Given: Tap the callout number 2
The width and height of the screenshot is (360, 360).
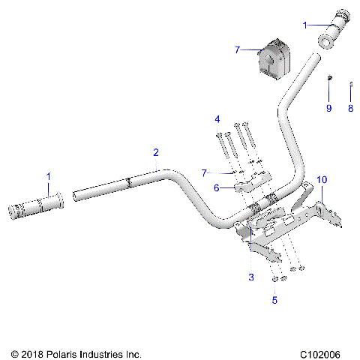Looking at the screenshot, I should (156, 153).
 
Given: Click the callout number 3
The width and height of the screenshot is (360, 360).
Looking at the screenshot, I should (251, 277).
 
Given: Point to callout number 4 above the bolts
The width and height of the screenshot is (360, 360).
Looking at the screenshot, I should (217, 119).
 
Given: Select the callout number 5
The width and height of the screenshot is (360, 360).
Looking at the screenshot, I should (274, 300).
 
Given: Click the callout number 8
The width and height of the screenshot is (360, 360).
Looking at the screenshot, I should (349, 109).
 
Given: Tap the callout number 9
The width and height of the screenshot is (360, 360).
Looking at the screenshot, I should (328, 109).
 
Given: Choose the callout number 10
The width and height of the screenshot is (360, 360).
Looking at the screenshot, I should (322, 180).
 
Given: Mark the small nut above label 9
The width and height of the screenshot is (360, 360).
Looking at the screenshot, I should (328, 78).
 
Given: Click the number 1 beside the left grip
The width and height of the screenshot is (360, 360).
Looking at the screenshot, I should (49, 177).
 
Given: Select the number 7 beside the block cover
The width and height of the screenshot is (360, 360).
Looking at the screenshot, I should (237, 49).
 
